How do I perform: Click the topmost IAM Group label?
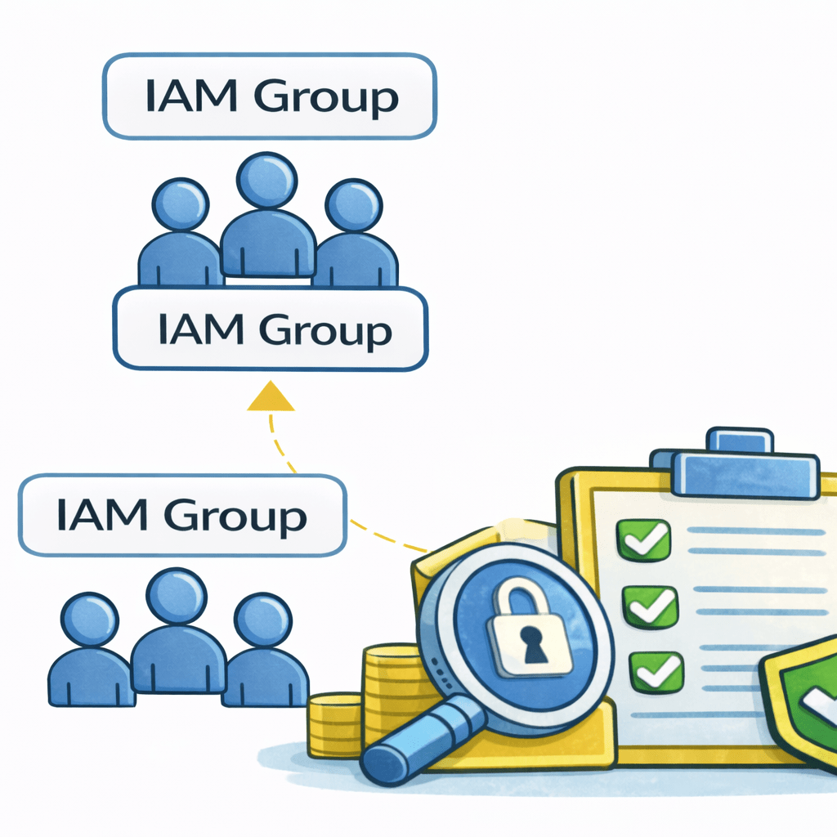point(270,96)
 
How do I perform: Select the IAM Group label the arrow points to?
point(270,330)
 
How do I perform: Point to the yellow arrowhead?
point(270,398)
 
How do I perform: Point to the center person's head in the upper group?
point(267,181)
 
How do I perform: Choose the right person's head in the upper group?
point(353,204)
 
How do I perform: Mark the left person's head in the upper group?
point(181,204)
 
